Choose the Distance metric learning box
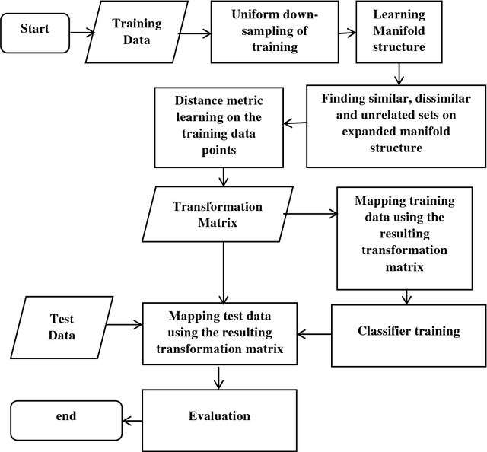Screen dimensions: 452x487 (x=218, y=126)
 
